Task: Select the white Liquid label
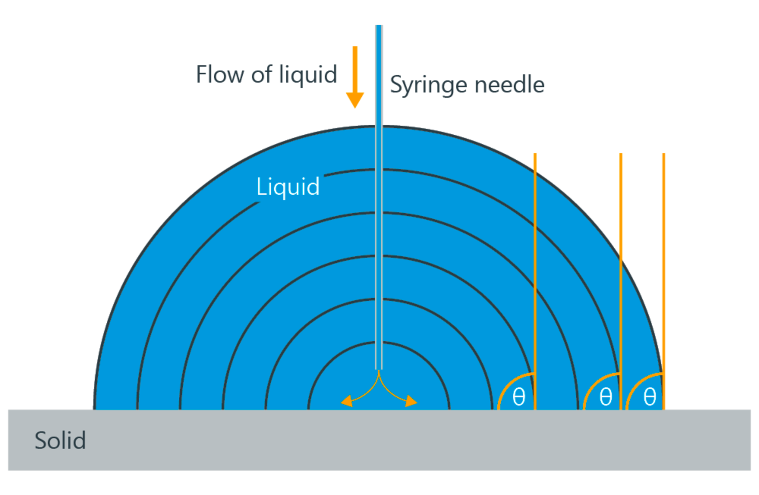coord(288,186)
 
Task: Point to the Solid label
coord(60,440)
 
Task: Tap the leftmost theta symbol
coord(519,396)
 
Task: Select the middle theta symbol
coord(606,396)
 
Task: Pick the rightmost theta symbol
coord(650,396)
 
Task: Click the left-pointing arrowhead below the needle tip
coord(347,401)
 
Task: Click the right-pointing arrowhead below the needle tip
coord(412,401)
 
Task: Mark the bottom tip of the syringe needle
coord(379,368)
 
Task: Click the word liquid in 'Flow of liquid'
coord(308,74)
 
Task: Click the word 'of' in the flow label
coord(261,74)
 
